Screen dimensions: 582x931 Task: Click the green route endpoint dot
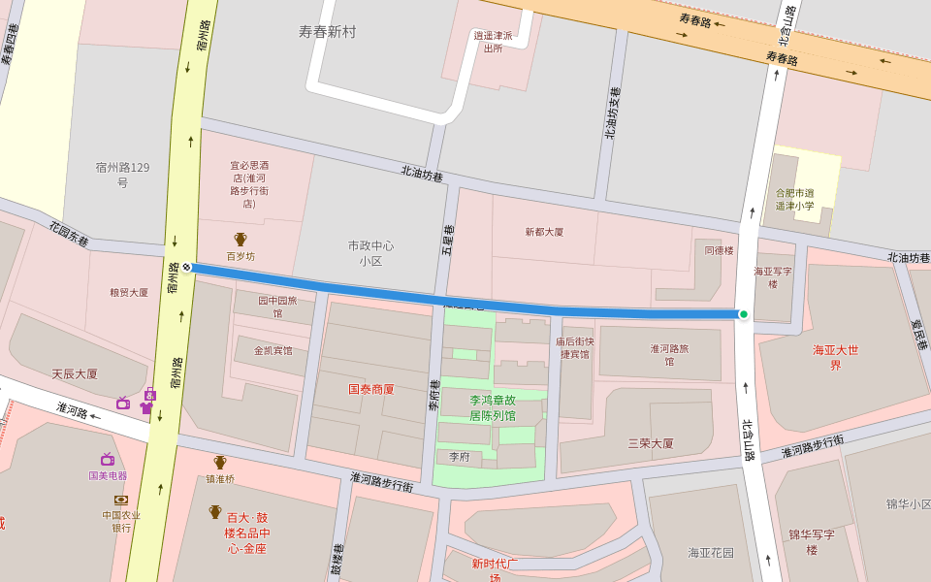[744, 314]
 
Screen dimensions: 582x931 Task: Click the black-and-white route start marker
[186, 267]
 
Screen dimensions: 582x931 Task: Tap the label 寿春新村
[327, 32]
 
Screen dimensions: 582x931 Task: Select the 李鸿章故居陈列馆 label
[493, 407]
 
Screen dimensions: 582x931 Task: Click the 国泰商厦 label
[371, 389]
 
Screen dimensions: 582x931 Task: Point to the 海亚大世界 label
[836, 357]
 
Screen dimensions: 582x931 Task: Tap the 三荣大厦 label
[650, 443]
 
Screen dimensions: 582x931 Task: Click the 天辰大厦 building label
[75, 373]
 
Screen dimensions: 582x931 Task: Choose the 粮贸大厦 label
[129, 292]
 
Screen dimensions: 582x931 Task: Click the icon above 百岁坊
[241, 239]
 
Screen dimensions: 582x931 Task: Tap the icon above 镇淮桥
[220, 462]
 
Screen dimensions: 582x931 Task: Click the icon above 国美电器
[108, 460]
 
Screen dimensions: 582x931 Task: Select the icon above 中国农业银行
[121, 500]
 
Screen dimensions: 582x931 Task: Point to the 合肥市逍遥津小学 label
[795, 199]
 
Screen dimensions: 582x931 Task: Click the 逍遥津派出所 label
[493, 42]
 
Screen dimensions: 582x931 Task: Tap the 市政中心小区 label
[370, 252]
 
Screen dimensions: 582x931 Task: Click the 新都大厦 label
[544, 232]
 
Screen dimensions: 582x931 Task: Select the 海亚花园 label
[711, 553]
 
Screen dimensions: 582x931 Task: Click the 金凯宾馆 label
[273, 350]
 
